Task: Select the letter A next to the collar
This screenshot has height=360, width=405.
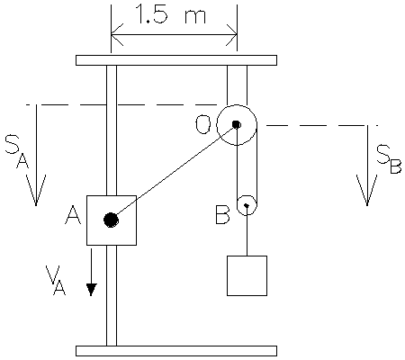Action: click(x=71, y=216)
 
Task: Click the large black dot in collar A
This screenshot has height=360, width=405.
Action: click(x=111, y=220)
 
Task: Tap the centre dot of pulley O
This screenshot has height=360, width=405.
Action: click(x=236, y=124)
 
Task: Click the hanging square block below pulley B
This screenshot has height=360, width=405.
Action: click(x=247, y=275)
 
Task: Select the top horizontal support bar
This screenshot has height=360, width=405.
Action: click(x=175, y=60)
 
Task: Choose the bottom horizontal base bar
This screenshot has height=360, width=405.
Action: click(x=175, y=350)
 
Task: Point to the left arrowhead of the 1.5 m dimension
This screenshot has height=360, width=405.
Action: click(x=115, y=37)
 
